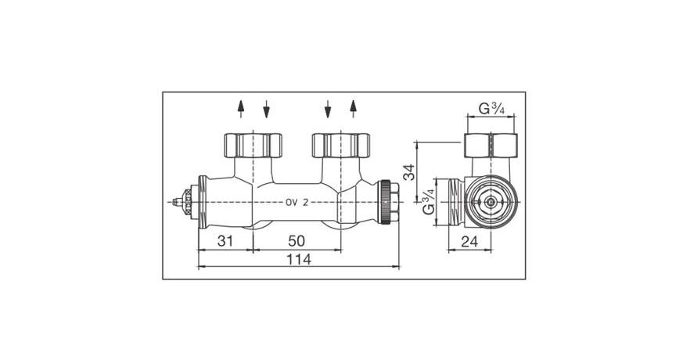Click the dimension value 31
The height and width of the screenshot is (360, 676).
tap(225, 241)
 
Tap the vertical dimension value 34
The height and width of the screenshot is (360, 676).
tap(408, 171)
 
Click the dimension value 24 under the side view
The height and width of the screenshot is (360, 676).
tap(469, 242)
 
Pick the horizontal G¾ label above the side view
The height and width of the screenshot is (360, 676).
tap(491, 109)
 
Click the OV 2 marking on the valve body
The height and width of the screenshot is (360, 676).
tap(297, 202)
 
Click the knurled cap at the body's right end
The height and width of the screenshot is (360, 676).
tap(388, 201)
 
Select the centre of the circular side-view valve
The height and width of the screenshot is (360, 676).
tap(489, 202)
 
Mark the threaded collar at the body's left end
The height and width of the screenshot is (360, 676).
tap(201, 202)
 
